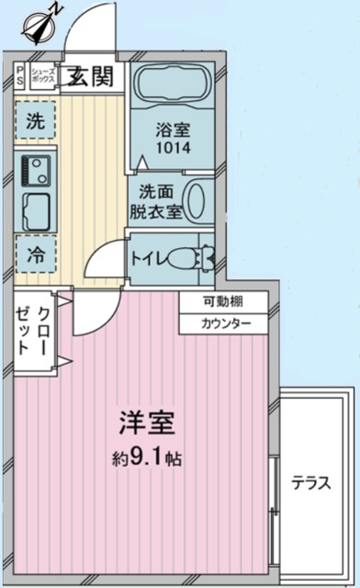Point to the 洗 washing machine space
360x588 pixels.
tap(35, 119)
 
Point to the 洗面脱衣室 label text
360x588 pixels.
tap(155, 202)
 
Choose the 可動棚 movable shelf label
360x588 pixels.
tap(223, 303)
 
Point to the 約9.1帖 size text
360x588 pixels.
tap(147, 457)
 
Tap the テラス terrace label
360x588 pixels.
tap(311, 483)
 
